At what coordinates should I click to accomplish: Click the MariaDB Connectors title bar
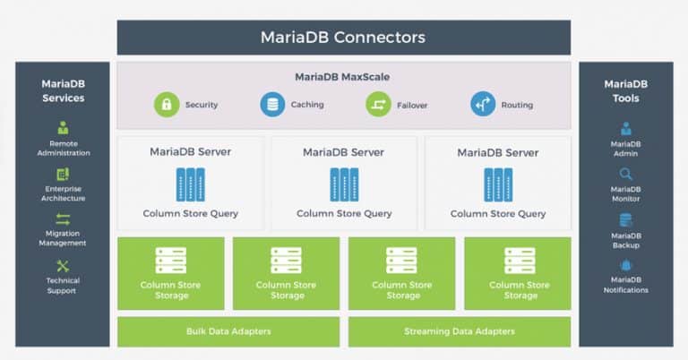[344, 38]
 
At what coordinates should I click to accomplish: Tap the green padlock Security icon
[167, 105]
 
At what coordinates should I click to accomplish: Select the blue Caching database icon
[272, 105]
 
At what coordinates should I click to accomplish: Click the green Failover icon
[378, 105]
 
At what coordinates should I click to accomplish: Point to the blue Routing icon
[483, 105]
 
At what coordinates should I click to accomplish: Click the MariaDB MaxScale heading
[342, 77]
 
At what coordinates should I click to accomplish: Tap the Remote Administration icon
[64, 127]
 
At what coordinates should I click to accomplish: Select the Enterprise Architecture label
[64, 193]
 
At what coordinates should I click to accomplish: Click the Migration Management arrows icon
[63, 219]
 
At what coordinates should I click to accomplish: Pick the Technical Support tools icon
[63, 266]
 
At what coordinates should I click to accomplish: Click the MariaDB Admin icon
[625, 128]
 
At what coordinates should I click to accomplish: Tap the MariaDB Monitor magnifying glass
[625, 175]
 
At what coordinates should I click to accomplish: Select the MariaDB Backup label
[625, 240]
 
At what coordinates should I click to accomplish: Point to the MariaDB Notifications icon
[625, 265]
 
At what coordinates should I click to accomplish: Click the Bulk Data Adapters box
[228, 332]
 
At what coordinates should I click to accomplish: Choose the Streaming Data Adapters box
[460, 332]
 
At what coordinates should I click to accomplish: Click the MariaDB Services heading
[64, 90]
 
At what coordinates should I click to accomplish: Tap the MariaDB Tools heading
[625, 90]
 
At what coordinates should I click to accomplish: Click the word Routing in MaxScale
[517, 105]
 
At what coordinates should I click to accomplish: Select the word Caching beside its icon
[307, 105]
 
